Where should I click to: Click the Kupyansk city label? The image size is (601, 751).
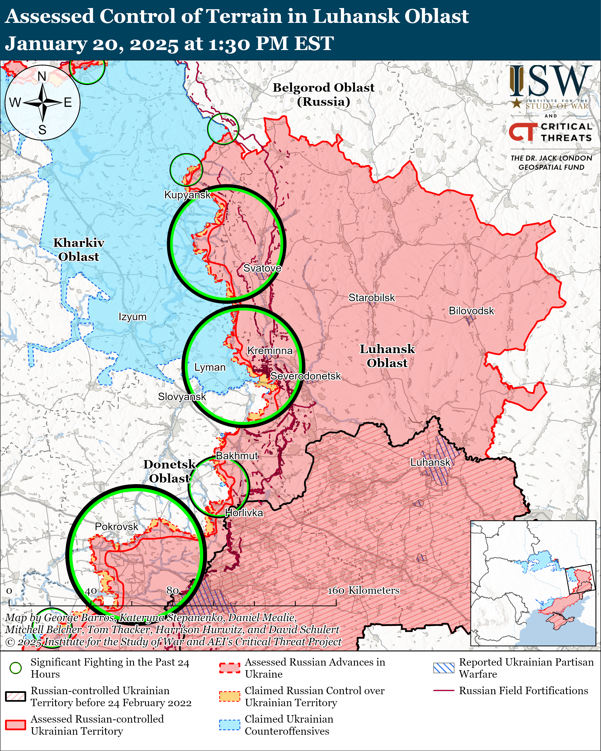tap(187, 195)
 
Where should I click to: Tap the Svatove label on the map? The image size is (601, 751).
tap(262, 268)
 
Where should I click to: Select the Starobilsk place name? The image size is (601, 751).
tap(372, 298)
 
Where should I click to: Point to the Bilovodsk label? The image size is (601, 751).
tap(471, 311)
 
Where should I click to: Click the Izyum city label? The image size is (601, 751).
tap(132, 317)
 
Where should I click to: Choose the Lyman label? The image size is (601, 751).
tap(210, 368)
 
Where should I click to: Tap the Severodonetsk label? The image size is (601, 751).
tap(305, 376)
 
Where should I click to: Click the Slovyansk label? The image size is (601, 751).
tap(182, 397)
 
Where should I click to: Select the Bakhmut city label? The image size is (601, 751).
tap(237, 456)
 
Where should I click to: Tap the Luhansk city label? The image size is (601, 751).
tap(430, 462)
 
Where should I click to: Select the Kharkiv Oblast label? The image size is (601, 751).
tap(79, 250)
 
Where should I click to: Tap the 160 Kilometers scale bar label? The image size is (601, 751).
tap(363, 590)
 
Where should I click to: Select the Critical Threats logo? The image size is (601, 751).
tap(551, 132)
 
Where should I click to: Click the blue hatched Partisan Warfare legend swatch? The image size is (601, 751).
tap(443, 668)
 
